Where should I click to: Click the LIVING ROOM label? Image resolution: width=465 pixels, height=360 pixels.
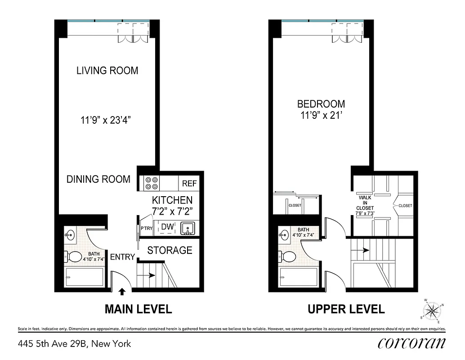click(107, 71)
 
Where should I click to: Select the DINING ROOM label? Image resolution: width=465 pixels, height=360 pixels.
click(98, 179)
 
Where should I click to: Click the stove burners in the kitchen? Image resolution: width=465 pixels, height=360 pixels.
click(151, 183)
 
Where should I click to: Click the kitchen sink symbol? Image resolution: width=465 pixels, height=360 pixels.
click(188, 229)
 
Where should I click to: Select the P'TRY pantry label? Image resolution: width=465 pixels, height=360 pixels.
click(147, 228)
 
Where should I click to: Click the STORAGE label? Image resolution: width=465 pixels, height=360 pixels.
click(170, 250)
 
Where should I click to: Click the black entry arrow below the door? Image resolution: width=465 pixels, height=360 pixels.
click(122, 292)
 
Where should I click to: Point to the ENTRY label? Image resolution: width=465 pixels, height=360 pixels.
click(122, 257)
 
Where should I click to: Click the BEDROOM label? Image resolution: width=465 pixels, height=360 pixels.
click(321, 104)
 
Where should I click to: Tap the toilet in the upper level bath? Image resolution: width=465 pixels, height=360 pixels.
click(288, 257)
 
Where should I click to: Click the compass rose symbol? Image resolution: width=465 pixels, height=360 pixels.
click(433, 310)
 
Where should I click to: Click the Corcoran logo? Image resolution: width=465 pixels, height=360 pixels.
click(411, 343)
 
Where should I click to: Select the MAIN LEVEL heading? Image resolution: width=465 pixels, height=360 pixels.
click(138, 309)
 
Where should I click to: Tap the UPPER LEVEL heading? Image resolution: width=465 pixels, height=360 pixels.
click(346, 309)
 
